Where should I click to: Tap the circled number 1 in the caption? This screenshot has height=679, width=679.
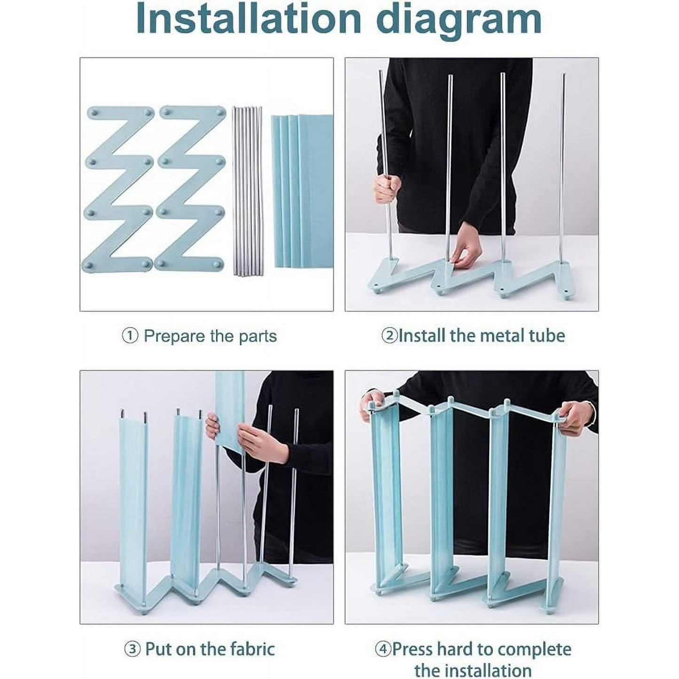point(130,336)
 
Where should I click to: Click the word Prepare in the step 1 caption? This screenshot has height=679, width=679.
point(174,337)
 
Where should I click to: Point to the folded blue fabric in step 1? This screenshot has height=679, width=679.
point(302,191)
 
